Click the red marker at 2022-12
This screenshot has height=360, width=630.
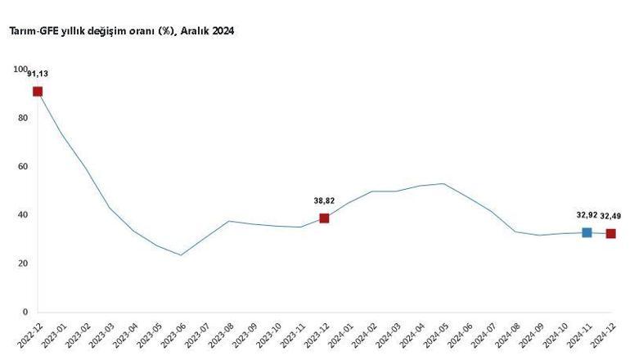[38, 92]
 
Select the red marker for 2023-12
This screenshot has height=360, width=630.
[324, 218]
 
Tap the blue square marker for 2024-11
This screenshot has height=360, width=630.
[587, 233]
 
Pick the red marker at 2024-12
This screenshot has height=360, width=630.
[610, 234]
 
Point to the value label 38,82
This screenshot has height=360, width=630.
[324, 200]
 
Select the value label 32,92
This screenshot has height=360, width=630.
[587, 215]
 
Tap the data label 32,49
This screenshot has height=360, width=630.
[610, 216]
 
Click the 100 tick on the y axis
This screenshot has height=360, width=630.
[20, 70]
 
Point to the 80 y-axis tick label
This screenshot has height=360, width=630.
[23, 118]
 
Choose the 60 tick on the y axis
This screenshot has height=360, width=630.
[23, 166]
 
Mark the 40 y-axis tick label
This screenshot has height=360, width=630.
[23, 215]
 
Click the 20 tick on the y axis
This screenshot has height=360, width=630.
[23, 263]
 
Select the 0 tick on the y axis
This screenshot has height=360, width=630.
[25, 312]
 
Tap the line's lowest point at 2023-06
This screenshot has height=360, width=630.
[181, 255]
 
